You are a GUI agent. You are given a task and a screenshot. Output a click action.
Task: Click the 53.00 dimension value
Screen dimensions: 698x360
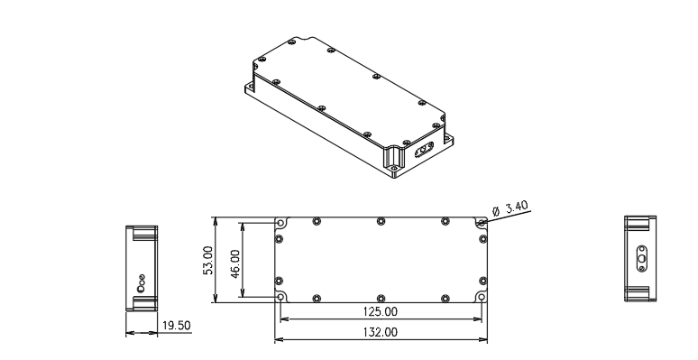pos(208,260)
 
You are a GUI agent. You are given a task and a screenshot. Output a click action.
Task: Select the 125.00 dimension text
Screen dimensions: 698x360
pos(381,311)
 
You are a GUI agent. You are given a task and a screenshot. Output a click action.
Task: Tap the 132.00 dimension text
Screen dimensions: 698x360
pos(381,332)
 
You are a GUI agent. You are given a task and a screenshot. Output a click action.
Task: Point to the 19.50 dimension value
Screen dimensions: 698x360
pos(176,325)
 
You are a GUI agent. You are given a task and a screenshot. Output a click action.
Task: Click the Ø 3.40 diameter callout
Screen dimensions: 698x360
pos(510,208)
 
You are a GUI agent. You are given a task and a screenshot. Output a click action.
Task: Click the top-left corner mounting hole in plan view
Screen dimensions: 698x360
pos(280,223)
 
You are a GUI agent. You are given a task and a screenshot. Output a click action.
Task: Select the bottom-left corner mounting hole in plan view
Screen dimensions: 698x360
pos(280,297)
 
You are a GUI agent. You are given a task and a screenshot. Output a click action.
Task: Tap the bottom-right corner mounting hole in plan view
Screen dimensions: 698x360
pos(482,297)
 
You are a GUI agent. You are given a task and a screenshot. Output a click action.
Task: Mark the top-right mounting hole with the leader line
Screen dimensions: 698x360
pos(482,223)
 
